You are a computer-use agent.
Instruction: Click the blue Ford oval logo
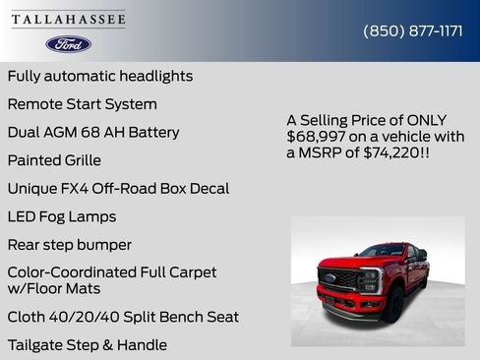[68, 44]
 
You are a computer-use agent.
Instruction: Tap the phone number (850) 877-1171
[413, 30]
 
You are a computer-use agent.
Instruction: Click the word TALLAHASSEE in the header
[68, 20]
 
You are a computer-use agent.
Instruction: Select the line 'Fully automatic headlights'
[99, 76]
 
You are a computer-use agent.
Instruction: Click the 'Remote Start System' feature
[82, 103]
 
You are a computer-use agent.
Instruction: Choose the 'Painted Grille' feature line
[54, 159]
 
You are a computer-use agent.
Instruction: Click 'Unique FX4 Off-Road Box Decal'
[118, 188]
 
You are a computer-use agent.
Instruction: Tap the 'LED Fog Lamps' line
[62, 216]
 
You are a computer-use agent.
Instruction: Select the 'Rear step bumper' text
[69, 244]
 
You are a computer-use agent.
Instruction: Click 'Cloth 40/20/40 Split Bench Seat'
[123, 317]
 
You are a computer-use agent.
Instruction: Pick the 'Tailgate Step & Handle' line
[87, 345]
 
